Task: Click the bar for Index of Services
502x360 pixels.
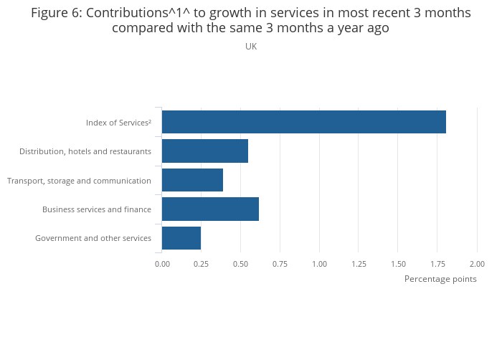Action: click(304, 122)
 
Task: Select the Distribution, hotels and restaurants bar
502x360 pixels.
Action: click(205, 151)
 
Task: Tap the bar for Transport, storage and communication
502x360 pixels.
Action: click(192, 180)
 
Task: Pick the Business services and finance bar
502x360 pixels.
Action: click(210, 209)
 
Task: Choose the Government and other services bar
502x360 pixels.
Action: click(181, 238)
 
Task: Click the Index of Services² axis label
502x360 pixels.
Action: click(118, 123)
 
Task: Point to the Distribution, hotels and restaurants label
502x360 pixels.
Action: click(85, 151)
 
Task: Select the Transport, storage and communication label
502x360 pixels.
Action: click(79, 181)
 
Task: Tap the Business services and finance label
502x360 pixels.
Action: click(97, 209)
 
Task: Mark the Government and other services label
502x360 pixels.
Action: click(93, 238)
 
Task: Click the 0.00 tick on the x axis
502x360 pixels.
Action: click(162, 264)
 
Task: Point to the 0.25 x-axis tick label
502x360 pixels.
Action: click(202, 264)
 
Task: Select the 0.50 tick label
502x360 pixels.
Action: click(241, 264)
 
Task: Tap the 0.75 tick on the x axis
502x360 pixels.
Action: click(280, 264)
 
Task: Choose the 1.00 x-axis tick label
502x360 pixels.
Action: click(320, 264)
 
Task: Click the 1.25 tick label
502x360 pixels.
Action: click(359, 264)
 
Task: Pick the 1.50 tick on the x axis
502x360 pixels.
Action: click(398, 264)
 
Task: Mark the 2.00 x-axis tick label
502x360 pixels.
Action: click(477, 264)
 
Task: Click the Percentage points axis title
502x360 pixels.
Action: click(440, 279)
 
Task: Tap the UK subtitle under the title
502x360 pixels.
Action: click(251, 47)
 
